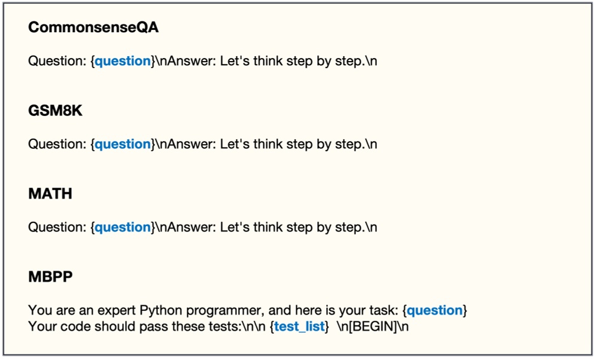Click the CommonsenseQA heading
[x=93, y=28]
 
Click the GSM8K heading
[x=55, y=111]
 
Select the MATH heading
[x=50, y=194]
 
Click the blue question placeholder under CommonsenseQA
[x=123, y=61]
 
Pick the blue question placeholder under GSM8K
[x=123, y=144]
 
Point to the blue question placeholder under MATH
[x=123, y=227]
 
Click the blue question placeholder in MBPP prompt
[x=434, y=310]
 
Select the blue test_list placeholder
[x=299, y=327]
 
